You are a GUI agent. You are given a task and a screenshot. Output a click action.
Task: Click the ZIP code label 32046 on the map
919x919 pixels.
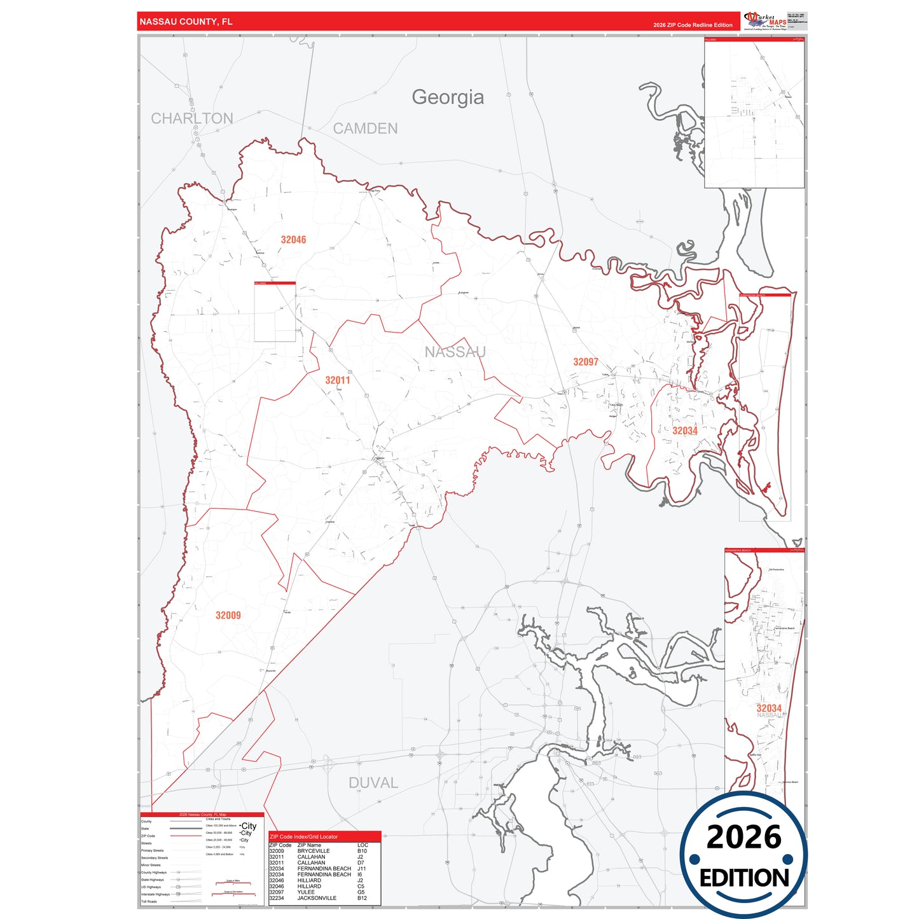click(293, 240)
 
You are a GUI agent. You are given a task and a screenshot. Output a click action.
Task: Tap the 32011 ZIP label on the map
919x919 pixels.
click(338, 380)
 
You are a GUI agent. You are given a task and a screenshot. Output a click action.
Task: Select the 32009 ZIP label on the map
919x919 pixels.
click(228, 615)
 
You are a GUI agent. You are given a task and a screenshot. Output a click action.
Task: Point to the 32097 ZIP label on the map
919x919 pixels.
click(586, 362)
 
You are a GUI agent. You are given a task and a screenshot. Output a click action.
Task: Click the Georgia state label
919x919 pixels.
click(448, 97)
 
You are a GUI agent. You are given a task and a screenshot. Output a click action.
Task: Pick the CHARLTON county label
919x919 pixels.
click(192, 118)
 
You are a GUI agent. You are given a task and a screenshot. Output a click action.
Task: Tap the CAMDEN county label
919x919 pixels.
click(366, 128)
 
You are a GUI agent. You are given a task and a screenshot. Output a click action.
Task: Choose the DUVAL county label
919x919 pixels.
click(373, 783)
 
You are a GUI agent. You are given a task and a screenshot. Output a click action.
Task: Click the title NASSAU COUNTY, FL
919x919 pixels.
click(186, 22)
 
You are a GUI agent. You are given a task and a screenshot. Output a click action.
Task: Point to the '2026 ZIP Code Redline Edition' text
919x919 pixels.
click(693, 25)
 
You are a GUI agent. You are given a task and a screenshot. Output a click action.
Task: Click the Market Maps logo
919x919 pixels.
click(766, 21)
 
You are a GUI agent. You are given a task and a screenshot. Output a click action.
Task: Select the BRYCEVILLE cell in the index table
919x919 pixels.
click(314, 851)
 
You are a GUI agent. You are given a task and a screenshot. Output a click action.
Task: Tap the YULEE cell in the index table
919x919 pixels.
click(306, 892)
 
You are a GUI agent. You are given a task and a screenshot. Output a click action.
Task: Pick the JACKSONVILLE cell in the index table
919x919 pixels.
click(317, 898)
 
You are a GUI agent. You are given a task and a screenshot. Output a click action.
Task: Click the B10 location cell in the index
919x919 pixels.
click(362, 851)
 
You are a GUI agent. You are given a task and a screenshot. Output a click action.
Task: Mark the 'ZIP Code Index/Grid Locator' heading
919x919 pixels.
click(304, 837)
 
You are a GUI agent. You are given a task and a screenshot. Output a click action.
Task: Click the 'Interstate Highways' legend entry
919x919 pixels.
click(155, 894)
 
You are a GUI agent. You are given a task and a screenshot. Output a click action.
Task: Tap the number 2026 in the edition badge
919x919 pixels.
click(743, 838)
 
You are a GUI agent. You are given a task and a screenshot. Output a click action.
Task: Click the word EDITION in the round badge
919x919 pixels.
click(744, 878)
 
